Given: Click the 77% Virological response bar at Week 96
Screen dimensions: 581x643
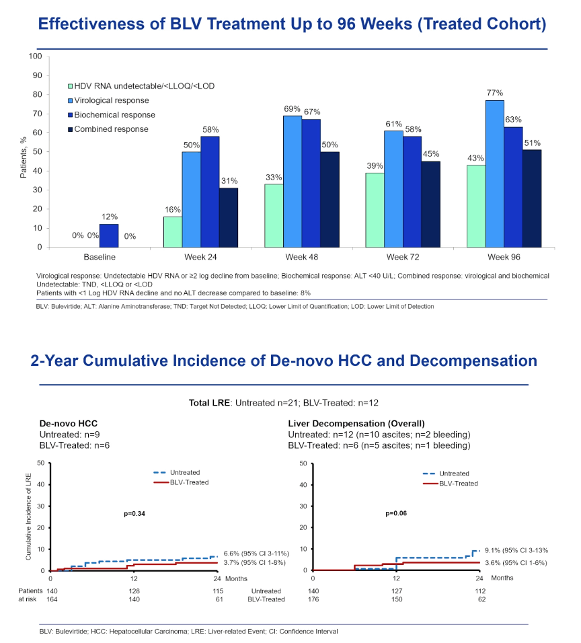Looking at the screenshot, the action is click(494, 174).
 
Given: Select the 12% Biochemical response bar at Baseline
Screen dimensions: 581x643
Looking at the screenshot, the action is click(109, 236).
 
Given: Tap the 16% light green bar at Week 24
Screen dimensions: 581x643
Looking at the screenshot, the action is click(173, 232).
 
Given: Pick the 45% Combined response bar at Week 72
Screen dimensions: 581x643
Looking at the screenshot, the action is click(430, 204).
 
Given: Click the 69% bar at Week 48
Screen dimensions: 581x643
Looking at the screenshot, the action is click(293, 182).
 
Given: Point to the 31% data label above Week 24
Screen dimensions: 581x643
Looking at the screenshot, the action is click(229, 181).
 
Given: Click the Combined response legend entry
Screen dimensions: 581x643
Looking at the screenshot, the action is click(108, 129).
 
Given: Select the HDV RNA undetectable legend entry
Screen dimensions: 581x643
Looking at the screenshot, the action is click(141, 86).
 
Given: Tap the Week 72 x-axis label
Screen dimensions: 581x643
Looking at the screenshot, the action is click(403, 257).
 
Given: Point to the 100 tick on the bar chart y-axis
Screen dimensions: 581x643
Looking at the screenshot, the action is click(35, 56).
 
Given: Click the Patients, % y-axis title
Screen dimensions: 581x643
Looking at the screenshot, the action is click(23, 157).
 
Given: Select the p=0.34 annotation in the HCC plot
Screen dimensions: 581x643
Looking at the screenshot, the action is click(134, 513).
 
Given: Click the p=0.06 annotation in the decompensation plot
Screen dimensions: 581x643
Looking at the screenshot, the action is click(396, 513).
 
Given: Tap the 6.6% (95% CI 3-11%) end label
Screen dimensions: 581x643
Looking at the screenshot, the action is click(256, 554).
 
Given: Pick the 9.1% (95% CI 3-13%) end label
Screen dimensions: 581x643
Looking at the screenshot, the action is click(516, 550).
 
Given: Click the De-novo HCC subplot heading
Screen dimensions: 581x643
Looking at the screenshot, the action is click(69, 424).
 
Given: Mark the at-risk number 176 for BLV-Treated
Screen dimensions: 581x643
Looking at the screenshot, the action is click(313, 599).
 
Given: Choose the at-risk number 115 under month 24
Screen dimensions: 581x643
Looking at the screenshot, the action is click(218, 591).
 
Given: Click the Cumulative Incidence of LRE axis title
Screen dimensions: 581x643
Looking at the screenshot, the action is click(28, 517).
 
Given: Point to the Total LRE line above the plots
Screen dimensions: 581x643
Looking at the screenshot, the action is click(283, 403).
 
